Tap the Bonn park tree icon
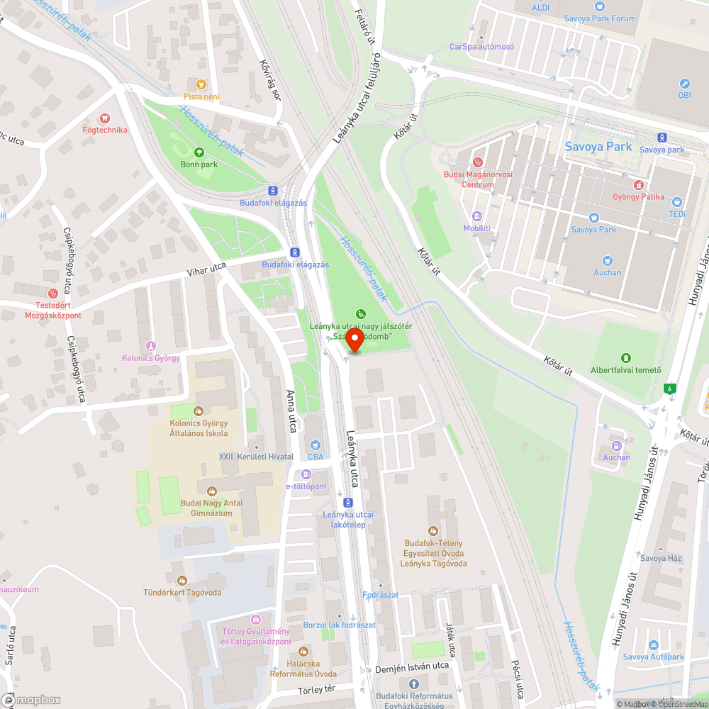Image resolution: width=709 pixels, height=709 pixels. [199, 152]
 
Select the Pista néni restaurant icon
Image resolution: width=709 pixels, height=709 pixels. [201, 84]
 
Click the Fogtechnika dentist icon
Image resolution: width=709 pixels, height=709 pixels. [105, 118]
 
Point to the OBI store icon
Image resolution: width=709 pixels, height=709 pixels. [684, 84]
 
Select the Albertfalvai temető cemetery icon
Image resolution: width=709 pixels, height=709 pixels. [625, 357]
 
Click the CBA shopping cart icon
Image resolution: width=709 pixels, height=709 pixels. [315, 445]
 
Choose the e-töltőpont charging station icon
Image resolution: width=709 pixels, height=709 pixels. [306, 474]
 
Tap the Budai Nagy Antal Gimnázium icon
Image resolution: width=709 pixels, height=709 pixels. [211, 491]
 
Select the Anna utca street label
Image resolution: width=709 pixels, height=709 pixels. [290, 411]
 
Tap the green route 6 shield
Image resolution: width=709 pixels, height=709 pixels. [668, 389]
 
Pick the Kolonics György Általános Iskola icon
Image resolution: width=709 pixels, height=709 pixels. [199, 411]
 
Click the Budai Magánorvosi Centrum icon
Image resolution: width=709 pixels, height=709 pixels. [477, 162]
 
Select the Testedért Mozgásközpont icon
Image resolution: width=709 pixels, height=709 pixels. [52, 294]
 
